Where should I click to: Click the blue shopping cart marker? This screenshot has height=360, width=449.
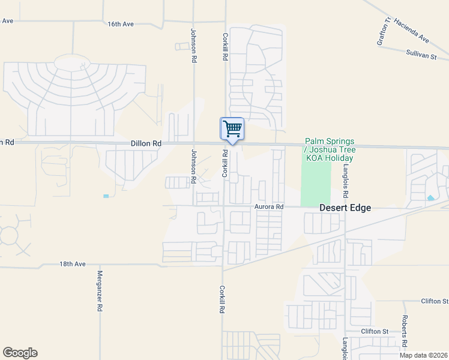click(232, 129)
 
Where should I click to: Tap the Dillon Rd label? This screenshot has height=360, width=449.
click(146, 144)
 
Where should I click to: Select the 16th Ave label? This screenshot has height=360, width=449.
click(121, 24)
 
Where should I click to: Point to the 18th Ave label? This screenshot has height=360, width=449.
click(73, 264)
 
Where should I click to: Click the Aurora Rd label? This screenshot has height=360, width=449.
click(268, 206)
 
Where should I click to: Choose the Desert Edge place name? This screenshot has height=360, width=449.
click(345, 208)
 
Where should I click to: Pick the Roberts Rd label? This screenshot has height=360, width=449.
click(405, 332)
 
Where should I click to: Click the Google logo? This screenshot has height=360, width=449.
click(20, 353)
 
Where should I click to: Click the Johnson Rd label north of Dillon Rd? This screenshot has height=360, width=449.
click(194, 46)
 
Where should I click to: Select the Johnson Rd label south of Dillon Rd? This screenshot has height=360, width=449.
click(194, 166)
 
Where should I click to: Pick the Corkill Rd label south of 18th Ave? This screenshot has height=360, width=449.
click(222, 299)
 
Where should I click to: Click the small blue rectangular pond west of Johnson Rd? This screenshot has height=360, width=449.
click(106, 196)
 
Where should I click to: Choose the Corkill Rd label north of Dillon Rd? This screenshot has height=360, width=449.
click(226, 46)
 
